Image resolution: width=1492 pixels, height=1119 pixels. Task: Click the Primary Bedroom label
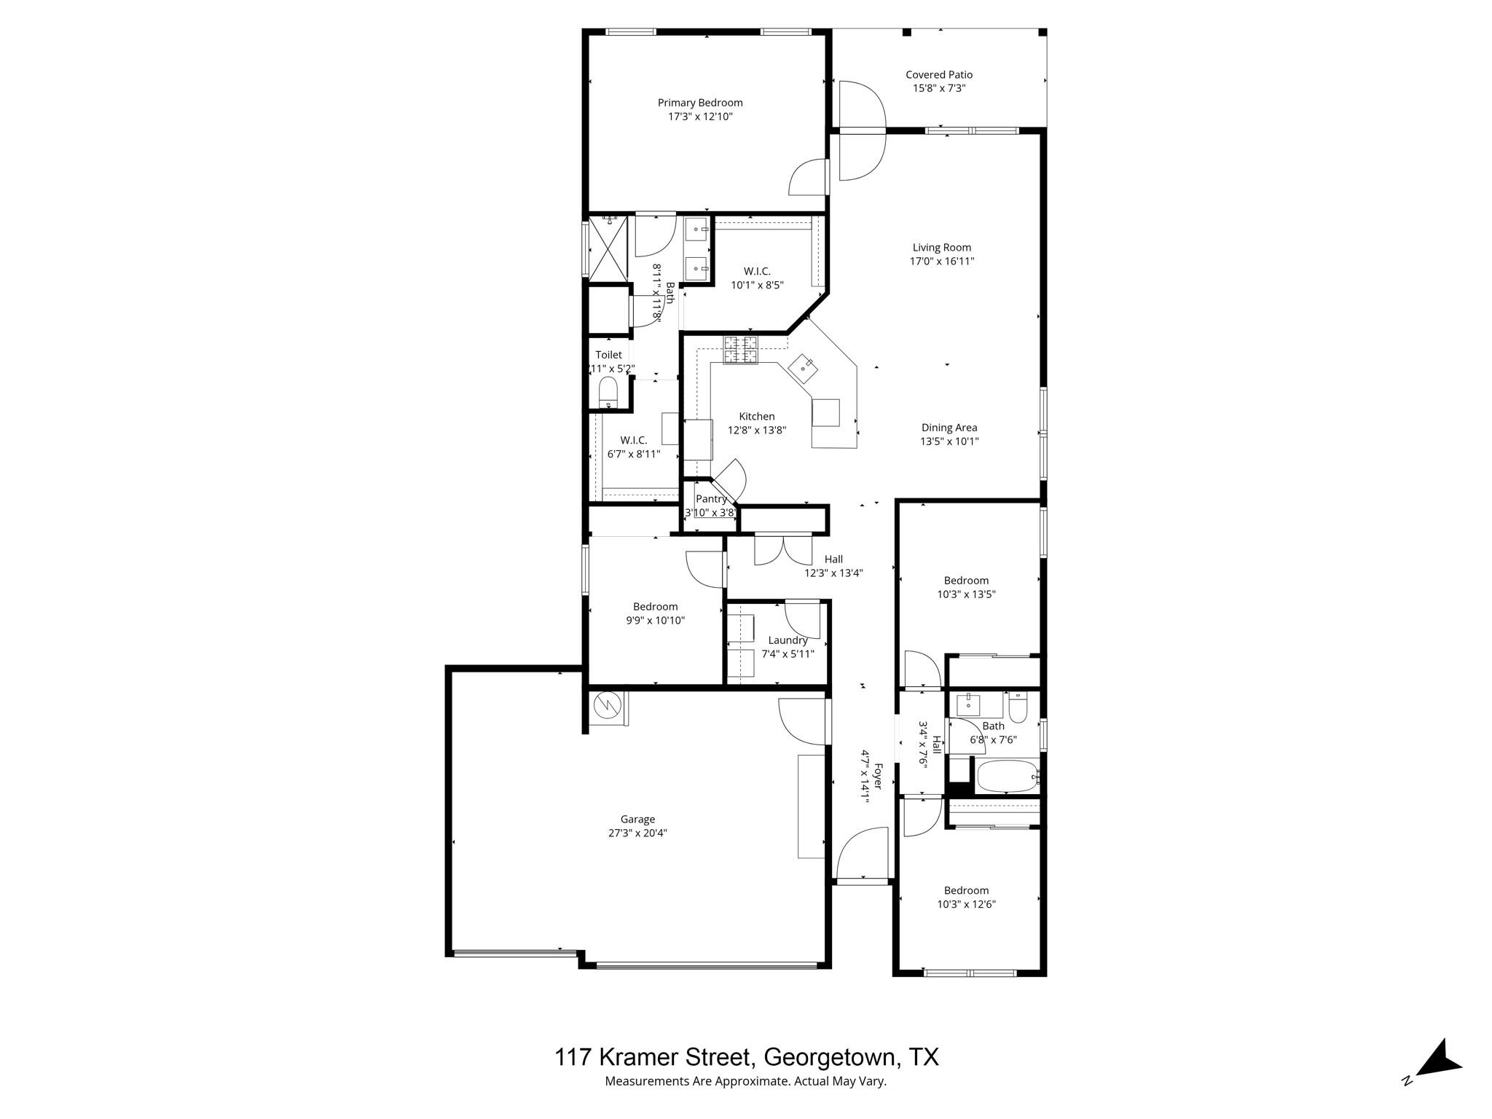[x=700, y=103]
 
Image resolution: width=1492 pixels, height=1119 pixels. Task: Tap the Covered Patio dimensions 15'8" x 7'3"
[x=939, y=88]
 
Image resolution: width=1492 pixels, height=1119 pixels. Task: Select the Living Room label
[x=941, y=248]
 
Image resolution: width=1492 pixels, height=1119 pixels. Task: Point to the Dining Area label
[x=949, y=428]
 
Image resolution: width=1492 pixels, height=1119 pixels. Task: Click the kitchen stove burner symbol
[x=740, y=350]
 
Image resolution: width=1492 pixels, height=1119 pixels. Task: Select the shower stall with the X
[x=608, y=248]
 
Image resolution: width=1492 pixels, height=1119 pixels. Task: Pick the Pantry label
[x=711, y=499]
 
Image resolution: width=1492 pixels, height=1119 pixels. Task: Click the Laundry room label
[x=788, y=640]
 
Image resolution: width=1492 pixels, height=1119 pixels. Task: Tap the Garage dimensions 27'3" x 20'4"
[x=637, y=833]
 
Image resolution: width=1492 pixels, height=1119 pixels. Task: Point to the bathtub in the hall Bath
[x=1006, y=777]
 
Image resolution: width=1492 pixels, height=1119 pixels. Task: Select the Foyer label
[x=878, y=776]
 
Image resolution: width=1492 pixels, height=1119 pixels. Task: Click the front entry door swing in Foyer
[x=864, y=854]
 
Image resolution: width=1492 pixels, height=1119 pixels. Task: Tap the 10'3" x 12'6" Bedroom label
[x=966, y=890]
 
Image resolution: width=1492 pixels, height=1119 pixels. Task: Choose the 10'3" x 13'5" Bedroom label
[x=966, y=581]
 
